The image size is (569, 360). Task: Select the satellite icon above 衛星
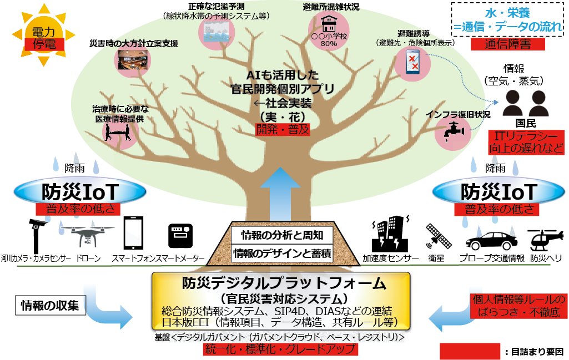[439, 236]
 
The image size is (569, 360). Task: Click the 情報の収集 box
[50, 305]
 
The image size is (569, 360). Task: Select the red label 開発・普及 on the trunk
[282, 130]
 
